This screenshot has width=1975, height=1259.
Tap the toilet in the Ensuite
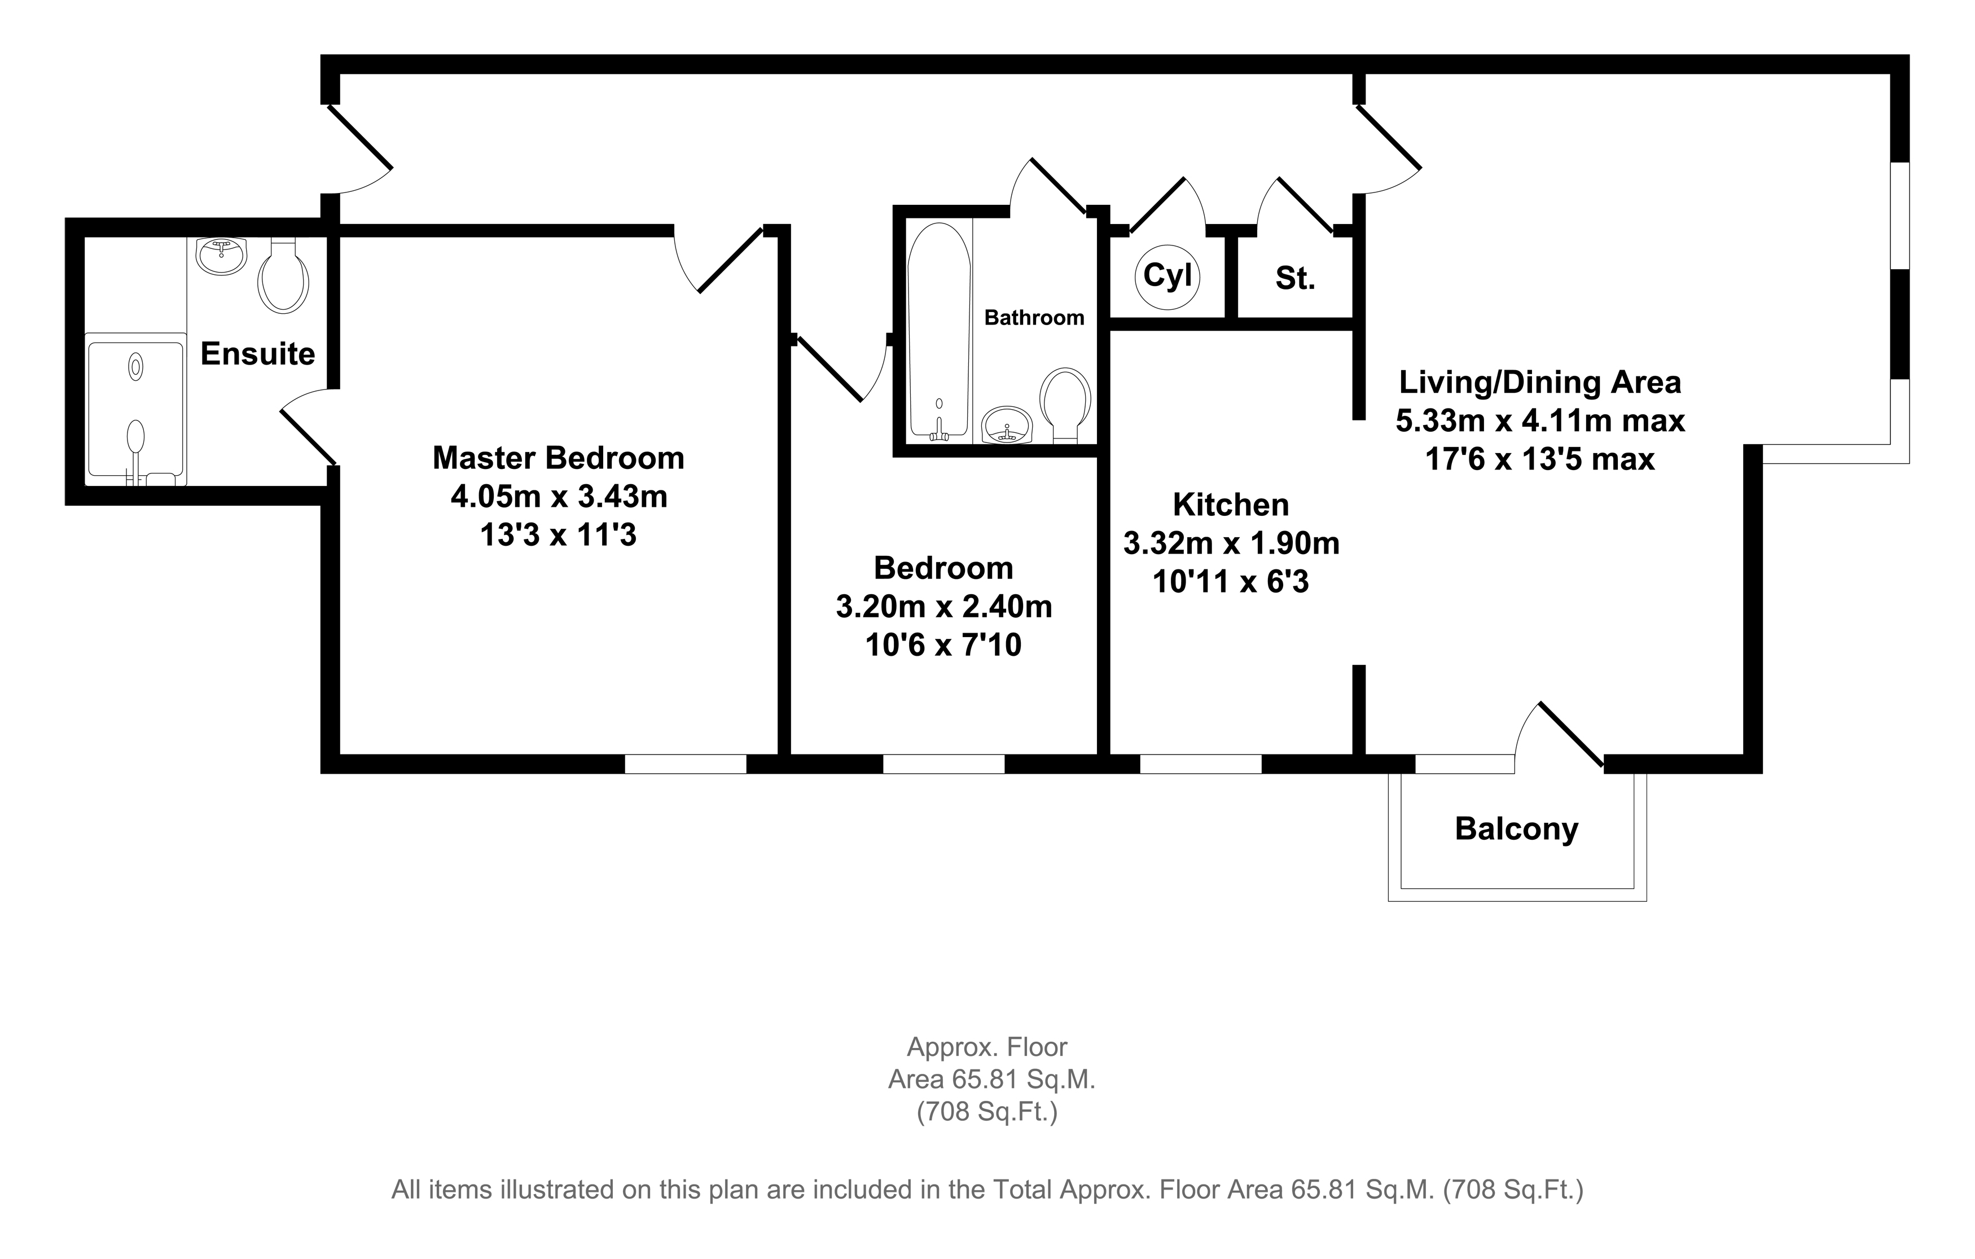[x=283, y=277]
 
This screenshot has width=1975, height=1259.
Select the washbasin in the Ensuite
[x=221, y=255]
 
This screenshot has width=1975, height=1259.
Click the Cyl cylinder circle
[x=1168, y=277]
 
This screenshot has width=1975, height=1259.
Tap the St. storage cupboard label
[x=1295, y=279]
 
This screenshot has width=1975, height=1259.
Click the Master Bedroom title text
[x=559, y=458]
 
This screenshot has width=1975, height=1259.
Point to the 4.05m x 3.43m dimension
[x=559, y=496]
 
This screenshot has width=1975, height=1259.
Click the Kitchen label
[x=1230, y=505]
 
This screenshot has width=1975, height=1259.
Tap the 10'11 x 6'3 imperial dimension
[x=1230, y=581]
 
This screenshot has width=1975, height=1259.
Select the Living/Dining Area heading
[x=1539, y=382]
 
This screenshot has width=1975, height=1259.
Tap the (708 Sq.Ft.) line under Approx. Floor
[x=987, y=1112]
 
